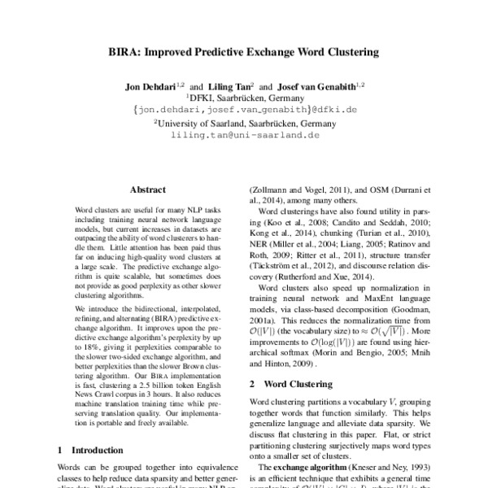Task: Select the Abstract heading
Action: (x=147, y=189)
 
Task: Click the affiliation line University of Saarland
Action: (x=244, y=124)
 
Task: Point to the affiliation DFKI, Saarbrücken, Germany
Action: (x=244, y=97)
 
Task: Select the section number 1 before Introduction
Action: (x=61, y=449)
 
